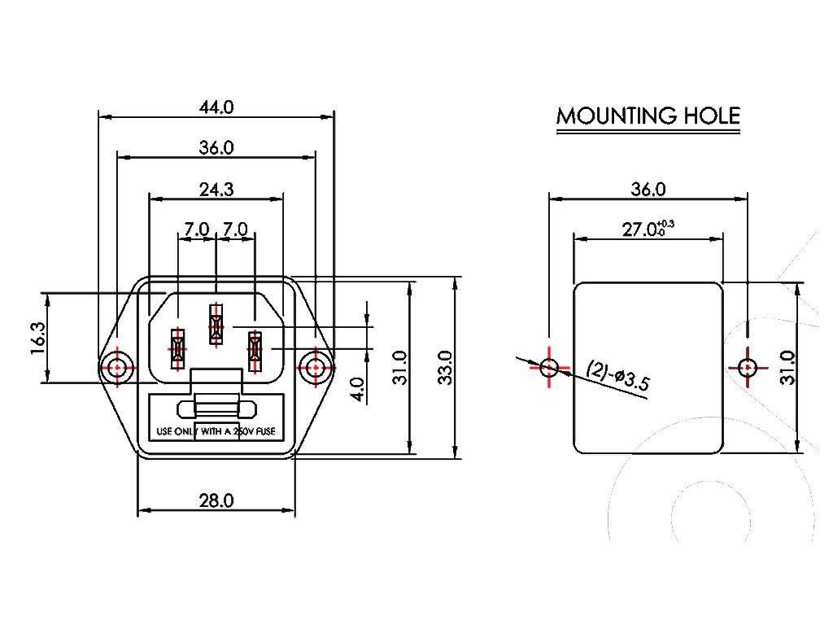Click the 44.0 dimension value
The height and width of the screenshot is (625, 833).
[216, 107]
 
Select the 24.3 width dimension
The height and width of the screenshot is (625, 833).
[216, 190]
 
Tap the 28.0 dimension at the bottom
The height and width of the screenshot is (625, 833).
[216, 500]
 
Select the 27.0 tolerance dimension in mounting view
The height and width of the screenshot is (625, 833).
[648, 229]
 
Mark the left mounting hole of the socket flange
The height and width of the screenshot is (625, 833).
[117, 368]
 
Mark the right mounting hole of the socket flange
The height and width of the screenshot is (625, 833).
[315, 368]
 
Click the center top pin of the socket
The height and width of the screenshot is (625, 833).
[216, 324]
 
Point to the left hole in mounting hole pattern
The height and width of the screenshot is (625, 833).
[550, 367]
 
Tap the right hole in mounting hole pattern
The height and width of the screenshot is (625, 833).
[747, 367]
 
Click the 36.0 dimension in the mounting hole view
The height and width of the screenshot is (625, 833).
[648, 189]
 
